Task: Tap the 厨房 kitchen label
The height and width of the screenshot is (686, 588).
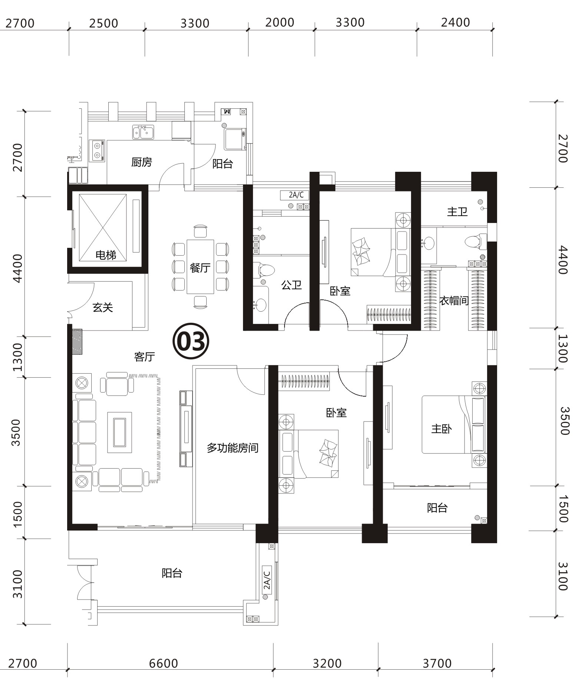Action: tap(141, 162)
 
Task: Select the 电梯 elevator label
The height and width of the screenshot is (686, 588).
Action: tap(106, 255)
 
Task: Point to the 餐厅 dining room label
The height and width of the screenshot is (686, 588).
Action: tap(200, 267)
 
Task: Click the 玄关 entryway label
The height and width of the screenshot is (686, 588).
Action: tap(102, 307)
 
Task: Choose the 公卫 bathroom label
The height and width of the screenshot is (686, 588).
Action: tap(291, 285)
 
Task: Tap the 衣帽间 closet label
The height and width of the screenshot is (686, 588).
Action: tap(454, 301)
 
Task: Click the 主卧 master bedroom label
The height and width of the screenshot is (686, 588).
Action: tap(441, 429)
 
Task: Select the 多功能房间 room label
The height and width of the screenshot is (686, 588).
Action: tap(233, 448)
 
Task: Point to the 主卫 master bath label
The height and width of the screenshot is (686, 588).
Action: tap(457, 212)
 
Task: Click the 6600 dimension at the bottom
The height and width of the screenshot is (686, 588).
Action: tap(164, 663)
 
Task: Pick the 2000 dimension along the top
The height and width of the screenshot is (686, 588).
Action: tap(280, 23)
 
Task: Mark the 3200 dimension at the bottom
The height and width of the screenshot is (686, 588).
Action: tap(327, 663)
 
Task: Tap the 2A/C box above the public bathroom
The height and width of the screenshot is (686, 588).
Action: tap(296, 195)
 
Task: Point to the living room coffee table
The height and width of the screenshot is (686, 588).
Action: tap(119, 432)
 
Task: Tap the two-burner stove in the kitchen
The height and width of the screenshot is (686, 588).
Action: tap(97, 151)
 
